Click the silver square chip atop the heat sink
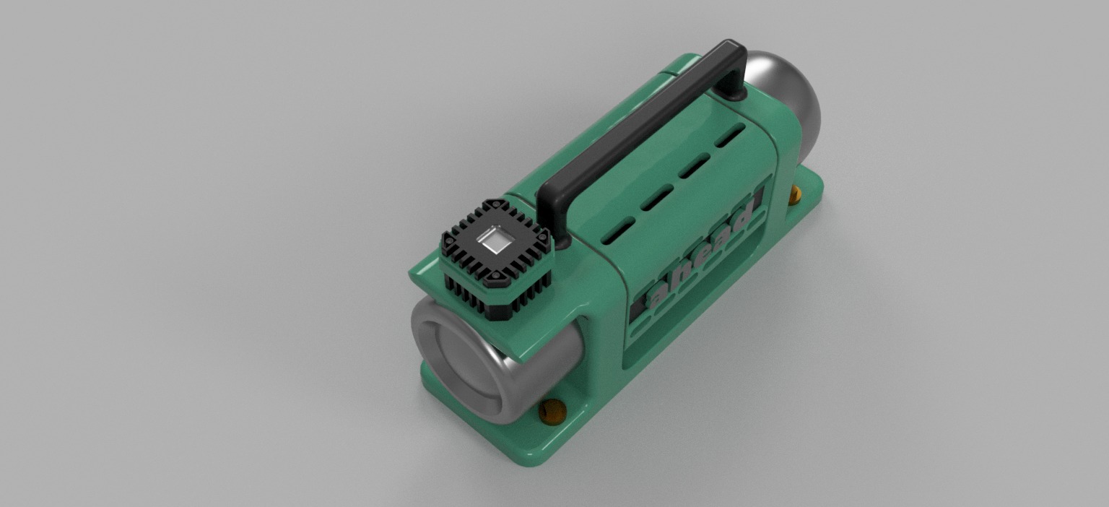click(495, 239)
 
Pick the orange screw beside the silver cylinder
click(553, 412)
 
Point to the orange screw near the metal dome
click(794, 194)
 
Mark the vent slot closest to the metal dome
click(730, 134)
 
